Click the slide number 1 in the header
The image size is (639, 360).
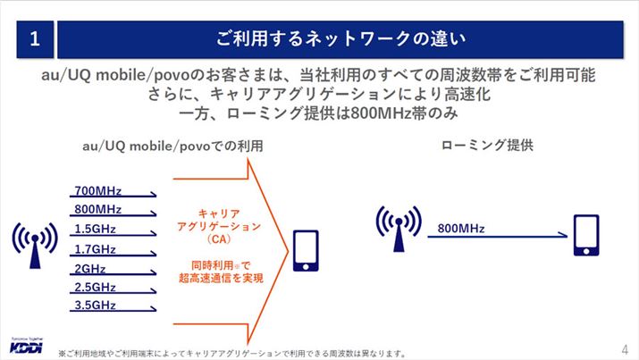(34, 38)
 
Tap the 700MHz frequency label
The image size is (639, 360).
(97, 190)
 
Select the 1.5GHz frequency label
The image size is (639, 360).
(96, 228)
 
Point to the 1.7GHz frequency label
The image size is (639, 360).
(96, 248)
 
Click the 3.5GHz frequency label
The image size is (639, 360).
(96, 306)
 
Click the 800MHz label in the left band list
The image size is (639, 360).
(97, 209)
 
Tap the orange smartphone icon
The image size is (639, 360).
(304, 251)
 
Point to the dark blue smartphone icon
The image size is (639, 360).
(586, 234)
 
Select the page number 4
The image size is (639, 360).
(624, 347)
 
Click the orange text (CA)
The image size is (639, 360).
(217, 240)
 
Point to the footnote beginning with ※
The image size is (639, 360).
(232, 352)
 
